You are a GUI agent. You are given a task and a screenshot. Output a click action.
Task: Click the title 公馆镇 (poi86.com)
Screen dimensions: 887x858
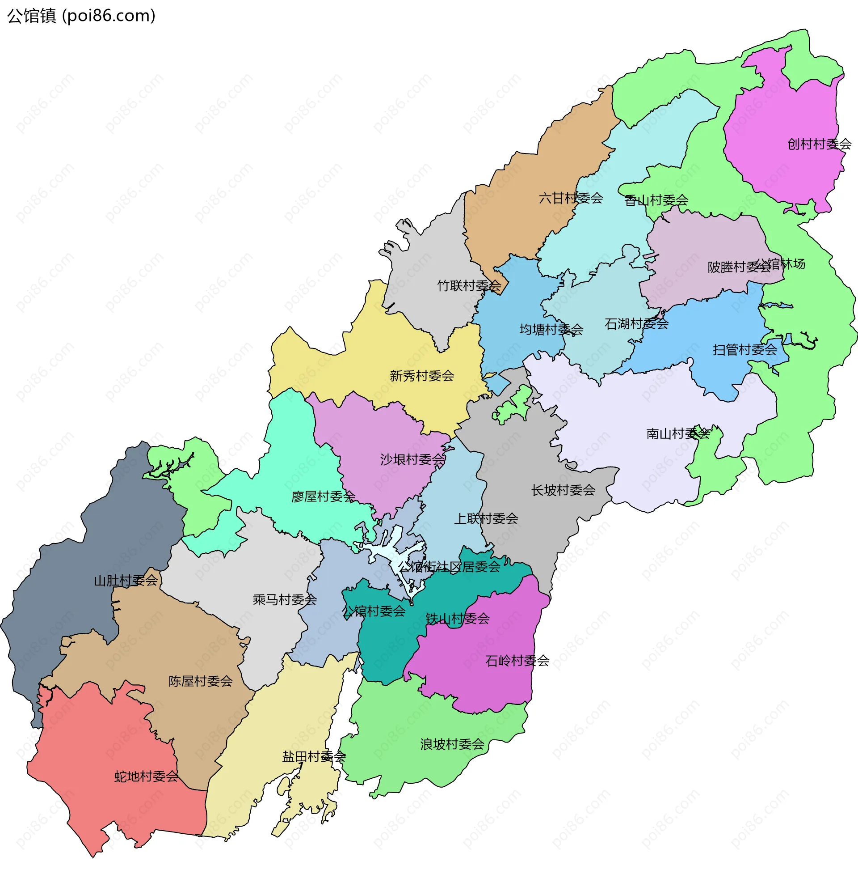coord(81,16)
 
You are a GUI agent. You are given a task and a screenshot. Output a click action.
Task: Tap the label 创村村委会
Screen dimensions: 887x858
coord(819,144)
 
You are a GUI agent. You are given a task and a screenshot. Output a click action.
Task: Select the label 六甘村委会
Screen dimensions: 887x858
coord(571,198)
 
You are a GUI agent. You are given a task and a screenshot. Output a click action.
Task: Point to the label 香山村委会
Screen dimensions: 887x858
coord(656,200)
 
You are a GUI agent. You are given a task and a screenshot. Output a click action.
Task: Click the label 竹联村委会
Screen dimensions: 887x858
coord(469,286)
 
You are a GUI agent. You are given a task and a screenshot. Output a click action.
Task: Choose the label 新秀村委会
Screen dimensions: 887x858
coord(421,376)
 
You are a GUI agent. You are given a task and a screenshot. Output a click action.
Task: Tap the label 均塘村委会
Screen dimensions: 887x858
coord(551,330)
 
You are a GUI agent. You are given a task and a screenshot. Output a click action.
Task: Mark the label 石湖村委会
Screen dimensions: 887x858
coord(636,324)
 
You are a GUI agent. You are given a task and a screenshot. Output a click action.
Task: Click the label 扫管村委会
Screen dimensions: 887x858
coord(744,350)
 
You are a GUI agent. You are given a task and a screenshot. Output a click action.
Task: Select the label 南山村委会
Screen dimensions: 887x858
coord(677,434)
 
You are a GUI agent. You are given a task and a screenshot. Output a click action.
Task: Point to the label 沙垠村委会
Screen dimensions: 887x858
coord(412,460)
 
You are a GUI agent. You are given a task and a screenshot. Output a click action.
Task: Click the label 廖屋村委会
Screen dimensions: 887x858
coord(323,497)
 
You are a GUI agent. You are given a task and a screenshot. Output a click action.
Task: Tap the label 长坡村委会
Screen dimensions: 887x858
coord(563,490)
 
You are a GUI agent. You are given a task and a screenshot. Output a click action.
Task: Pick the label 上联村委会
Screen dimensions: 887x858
coord(485,518)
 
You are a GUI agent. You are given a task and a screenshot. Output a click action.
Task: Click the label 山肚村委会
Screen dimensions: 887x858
coord(125,581)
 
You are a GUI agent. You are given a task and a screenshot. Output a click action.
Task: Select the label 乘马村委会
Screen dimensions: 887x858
coord(284,600)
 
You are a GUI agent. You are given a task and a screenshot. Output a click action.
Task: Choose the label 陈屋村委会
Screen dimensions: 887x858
coord(200,682)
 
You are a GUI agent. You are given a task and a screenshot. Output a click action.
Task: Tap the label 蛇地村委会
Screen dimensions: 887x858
coord(146,777)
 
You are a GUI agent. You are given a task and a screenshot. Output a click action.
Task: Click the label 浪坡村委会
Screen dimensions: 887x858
coord(452,744)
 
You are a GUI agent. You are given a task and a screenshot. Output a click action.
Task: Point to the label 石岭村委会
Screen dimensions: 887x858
coord(517,661)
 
